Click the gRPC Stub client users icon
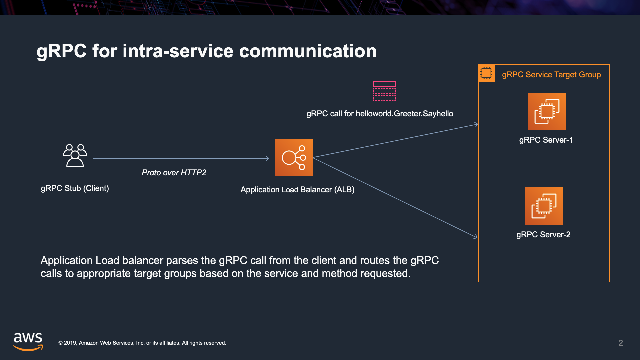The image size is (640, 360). (x=75, y=155)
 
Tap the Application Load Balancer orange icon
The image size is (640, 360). (x=294, y=158)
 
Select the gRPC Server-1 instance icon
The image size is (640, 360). (x=547, y=111)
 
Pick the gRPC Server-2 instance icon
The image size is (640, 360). (x=544, y=206)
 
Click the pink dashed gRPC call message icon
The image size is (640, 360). (x=384, y=91)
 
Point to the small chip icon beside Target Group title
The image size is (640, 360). (x=486, y=73)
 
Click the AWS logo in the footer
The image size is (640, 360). (x=28, y=342)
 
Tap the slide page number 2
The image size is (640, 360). (x=620, y=343)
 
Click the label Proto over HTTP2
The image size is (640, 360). (x=174, y=173)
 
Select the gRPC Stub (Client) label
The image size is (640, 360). (x=75, y=188)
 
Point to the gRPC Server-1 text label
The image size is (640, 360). (x=546, y=140)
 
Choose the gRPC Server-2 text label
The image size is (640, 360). (x=543, y=235)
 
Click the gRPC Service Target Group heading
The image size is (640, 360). (x=551, y=75)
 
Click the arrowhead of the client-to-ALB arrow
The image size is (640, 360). (x=267, y=158)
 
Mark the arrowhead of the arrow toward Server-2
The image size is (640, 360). (x=476, y=237)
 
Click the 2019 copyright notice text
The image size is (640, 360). (x=142, y=343)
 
